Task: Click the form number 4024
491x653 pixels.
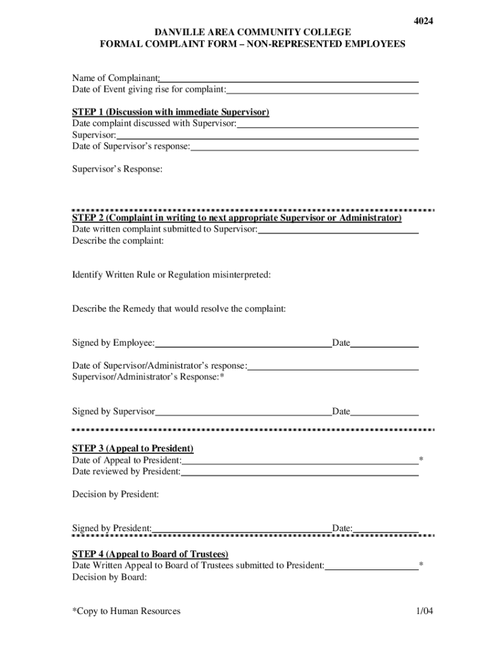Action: coord(423,21)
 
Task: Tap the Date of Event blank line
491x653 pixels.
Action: coord(323,91)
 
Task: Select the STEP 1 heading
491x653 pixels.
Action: coord(171,112)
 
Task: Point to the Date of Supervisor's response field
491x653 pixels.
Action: coord(304,147)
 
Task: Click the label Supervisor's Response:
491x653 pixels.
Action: coord(117,170)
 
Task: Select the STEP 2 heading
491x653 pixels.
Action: coord(237,218)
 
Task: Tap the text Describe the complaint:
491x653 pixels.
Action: coord(118,241)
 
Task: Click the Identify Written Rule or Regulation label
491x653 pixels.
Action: coord(172,275)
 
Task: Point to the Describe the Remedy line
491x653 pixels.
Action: coord(179,309)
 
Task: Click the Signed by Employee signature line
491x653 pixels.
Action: coord(243,344)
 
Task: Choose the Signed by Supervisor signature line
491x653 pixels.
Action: coord(243,413)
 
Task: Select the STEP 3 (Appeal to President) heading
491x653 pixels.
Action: coord(133,448)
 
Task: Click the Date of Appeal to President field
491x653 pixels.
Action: coord(299,461)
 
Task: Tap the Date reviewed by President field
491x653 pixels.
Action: coord(299,473)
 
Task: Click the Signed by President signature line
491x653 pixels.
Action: coord(242,529)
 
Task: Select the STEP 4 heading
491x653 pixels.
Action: coord(150,554)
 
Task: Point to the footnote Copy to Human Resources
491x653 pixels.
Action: coord(126,612)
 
